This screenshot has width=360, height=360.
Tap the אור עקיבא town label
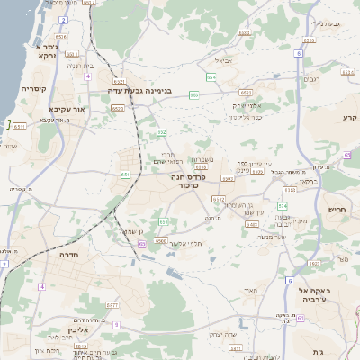tap(66, 109)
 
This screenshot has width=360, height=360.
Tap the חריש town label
tap(339, 209)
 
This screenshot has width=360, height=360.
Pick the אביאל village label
tap(224, 61)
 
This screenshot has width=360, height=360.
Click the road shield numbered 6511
tap(19, 126)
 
